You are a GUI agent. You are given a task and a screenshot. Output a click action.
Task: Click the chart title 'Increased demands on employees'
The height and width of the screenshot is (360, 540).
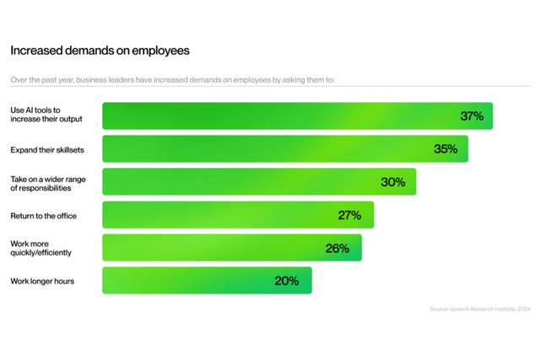(x=100, y=51)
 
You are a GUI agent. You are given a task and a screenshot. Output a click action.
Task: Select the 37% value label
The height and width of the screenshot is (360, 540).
(x=472, y=116)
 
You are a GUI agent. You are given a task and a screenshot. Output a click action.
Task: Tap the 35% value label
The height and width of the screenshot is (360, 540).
(x=445, y=149)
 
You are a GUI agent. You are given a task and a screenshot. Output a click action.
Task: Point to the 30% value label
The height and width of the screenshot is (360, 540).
(x=393, y=182)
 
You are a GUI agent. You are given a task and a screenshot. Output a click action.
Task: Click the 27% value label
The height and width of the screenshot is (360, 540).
(x=349, y=215)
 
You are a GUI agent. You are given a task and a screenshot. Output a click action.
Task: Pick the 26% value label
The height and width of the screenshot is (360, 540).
(x=337, y=248)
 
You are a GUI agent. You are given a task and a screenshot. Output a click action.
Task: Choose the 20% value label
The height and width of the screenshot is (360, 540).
(x=287, y=281)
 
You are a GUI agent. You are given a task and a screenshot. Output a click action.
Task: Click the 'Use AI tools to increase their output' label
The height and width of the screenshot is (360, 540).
(x=46, y=116)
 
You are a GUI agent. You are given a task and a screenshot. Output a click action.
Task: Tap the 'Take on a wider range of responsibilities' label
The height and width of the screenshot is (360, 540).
(x=49, y=182)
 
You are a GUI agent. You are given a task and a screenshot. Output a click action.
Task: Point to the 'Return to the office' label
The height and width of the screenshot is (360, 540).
(x=43, y=216)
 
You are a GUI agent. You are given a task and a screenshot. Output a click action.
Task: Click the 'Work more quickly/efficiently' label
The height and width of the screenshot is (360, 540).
(x=40, y=248)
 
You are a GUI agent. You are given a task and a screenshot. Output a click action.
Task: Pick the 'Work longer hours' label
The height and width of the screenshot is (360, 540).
(x=42, y=281)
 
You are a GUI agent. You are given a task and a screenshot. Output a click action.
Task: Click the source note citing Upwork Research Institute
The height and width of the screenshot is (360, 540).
(x=479, y=309)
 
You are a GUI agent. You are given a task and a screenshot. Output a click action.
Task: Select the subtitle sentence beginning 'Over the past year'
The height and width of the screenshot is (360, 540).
(x=172, y=80)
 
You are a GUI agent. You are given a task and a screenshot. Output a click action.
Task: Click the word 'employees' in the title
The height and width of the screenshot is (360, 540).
(x=161, y=51)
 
